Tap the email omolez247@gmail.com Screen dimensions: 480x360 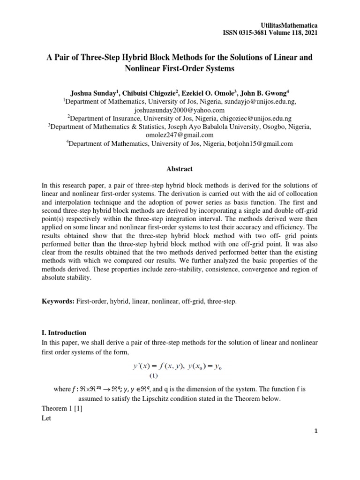[x=180, y=135]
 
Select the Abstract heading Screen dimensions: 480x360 [x=180, y=169]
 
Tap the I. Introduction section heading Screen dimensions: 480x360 [x=64, y=332]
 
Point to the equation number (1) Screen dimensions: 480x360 [x=154, y=376]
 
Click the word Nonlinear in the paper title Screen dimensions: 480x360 [x=142, y=68]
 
